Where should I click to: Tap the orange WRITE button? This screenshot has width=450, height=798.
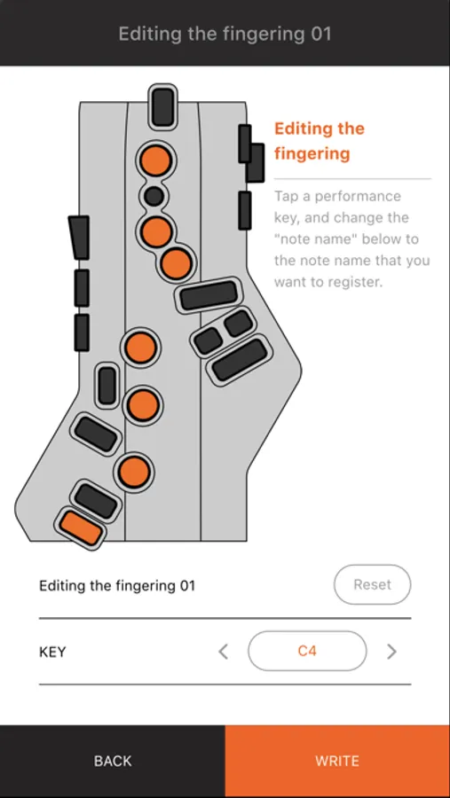tap(337, 762)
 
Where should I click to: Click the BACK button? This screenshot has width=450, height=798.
tap(113, 762)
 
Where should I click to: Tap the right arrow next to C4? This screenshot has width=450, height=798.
tap(391, 652)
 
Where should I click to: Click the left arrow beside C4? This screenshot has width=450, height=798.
tap(223, 652)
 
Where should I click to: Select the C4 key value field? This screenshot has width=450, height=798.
tap(307, 651)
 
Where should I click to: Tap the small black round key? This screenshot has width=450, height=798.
tap(154, 195)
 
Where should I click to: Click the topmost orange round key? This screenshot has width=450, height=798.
tap(156, 160)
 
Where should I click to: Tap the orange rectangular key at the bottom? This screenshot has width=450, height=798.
tap(81, 528)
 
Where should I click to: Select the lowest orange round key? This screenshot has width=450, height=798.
tap(135, 472)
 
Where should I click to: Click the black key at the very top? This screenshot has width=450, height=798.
tap(163, 107)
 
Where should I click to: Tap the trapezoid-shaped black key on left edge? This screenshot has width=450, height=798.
tap(80, 237)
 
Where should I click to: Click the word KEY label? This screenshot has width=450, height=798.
tap(52, 652)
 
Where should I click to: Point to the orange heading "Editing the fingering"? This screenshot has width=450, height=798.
tap(320, 140)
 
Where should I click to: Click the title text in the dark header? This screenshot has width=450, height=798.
tap(225, 34)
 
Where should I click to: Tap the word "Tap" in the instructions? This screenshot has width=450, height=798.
tap(287, 197)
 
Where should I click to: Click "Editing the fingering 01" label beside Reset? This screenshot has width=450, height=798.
tap(117, 585)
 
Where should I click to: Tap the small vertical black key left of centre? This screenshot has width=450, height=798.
tap(107, 386)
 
